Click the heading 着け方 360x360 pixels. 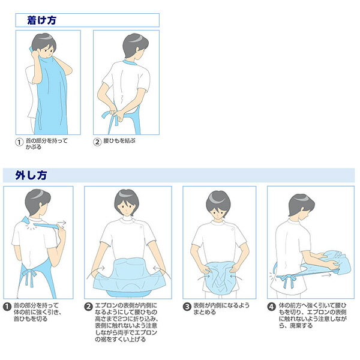tap(42, 20)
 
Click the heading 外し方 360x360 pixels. tap(31, 175)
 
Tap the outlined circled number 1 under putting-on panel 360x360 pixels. tap(19, 142)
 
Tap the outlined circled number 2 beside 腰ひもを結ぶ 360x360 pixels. tap(97, 142)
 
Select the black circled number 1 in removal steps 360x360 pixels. tap(7, 307)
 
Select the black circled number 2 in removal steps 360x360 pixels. tap(88, 307)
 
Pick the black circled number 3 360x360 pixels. tap(187, 307)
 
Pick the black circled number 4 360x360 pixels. tap(272, 307)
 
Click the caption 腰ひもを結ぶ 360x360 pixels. tap(119, 141)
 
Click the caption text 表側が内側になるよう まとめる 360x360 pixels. tap(221, 308)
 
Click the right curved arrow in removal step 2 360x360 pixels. tap(163, 272)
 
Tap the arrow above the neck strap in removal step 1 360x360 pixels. tap(61, 223)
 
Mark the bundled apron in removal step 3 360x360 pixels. tap(218, 278)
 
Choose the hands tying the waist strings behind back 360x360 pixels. tap(116, 113)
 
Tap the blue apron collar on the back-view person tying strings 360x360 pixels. tap(129, 62)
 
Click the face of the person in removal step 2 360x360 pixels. tap(126, 206)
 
